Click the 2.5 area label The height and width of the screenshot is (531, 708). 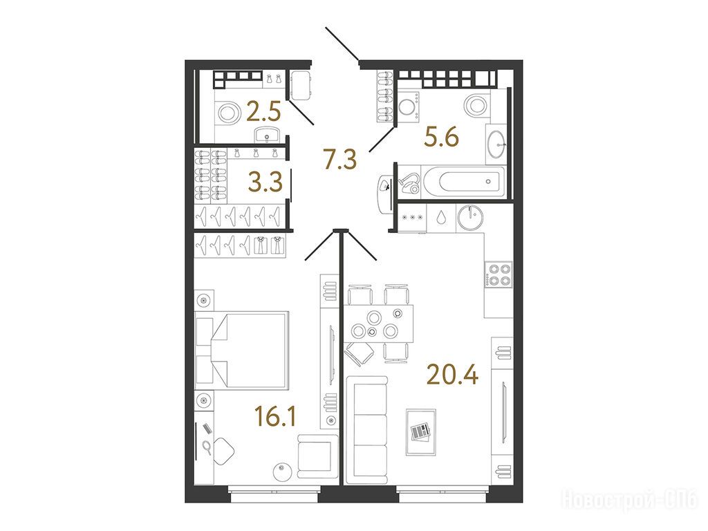263,111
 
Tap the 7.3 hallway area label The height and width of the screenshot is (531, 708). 341,159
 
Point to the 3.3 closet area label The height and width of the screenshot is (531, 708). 265,182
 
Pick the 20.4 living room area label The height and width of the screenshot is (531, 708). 452,374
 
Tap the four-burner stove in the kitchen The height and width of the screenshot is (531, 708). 499,274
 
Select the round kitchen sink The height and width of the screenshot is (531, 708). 470,218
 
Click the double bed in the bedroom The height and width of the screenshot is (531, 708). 242,349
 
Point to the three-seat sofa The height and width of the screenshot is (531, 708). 367,430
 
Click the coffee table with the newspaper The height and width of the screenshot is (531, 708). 421,432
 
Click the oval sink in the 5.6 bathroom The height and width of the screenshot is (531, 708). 496,144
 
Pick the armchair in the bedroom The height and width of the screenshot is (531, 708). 317,456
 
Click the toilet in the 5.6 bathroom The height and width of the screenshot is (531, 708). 475,105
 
